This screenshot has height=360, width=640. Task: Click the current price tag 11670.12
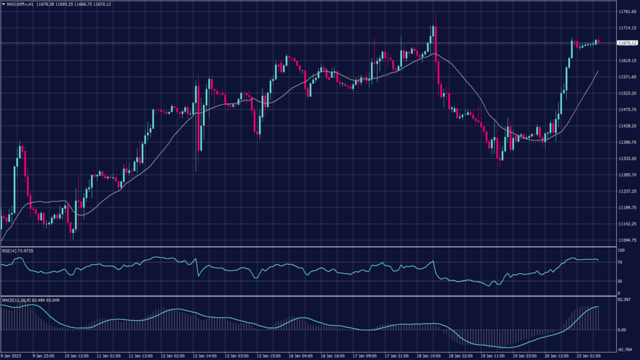tap(626, 43)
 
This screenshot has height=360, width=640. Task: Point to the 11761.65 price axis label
tap(626, 12)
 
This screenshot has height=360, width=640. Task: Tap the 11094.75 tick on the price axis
tap(626, 240)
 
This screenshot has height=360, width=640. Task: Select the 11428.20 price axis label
tap(626, 126)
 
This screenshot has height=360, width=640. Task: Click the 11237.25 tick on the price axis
tap(626, 191)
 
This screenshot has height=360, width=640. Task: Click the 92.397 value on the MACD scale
tap(625, 301)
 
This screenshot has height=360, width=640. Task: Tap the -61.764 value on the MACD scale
tap(625, 349)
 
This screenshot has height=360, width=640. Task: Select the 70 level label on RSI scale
tap(619, 263)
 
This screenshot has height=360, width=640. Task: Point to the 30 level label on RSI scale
tap(619, 281)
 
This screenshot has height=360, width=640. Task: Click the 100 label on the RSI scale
tap(621, 251)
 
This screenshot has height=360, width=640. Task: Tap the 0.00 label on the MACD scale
tap(622, 329)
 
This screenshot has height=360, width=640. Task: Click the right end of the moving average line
tap(598, 71)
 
